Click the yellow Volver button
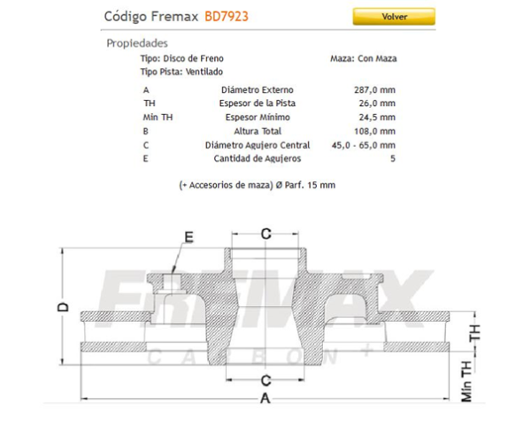tap(394, 16)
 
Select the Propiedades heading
tap(137, 42)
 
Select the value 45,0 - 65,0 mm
tap(362, 145)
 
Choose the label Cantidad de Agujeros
tap(258, 158)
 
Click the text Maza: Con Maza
tap(364, 57)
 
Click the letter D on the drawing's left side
tap(63, 307)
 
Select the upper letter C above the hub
tap(265, 233)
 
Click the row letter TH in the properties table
tap(149, 103)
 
